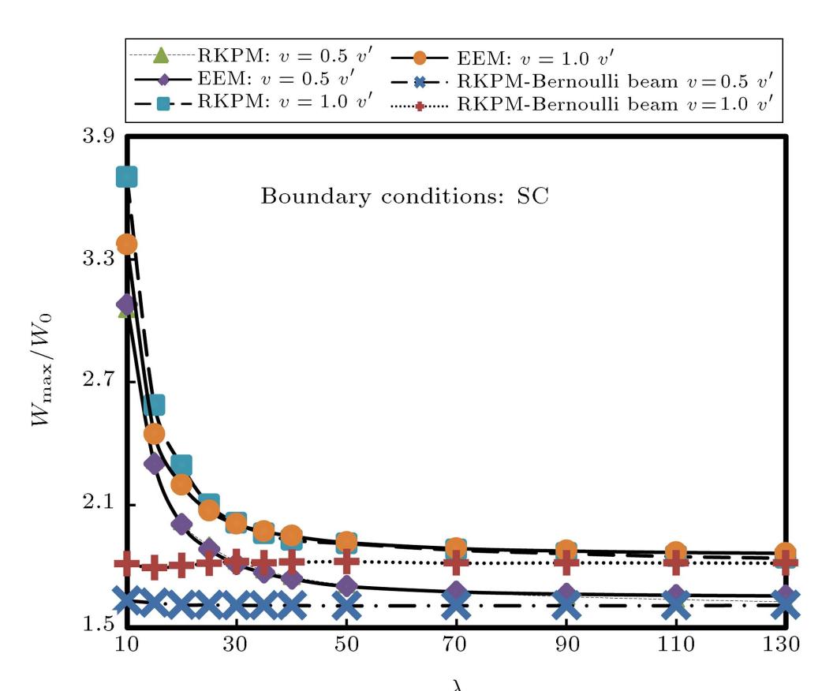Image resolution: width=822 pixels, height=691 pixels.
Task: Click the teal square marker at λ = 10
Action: pyautogui.click(x=127, y=177)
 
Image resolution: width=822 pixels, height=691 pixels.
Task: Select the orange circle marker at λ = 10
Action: pyautogui.click(x=126, y=244)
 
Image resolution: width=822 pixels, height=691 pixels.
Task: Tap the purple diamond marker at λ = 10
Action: pyautogui.click(x=125, y=304)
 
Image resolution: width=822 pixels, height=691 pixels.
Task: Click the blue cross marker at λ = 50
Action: pyautogui.click(x=346, y=606)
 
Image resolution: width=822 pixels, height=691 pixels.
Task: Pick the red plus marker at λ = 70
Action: pyautogui.click(x=456, y=562)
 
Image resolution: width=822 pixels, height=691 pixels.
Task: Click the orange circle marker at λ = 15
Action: pyautogui.click(x=154, y=433)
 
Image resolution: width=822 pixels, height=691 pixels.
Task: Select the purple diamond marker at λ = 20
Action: pyautogui.click(x=181, y=524)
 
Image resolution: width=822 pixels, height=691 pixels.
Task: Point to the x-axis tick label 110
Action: pyautogui.click(x=675, y=642)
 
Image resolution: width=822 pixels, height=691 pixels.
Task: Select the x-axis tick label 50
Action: pyautogui.click(x=346, y=642)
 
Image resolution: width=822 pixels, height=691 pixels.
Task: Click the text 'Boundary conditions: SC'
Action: pyautogui.click(x=404, y=196)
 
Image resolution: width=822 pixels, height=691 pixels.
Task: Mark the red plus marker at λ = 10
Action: pyautogui.click(x=126, y=562)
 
